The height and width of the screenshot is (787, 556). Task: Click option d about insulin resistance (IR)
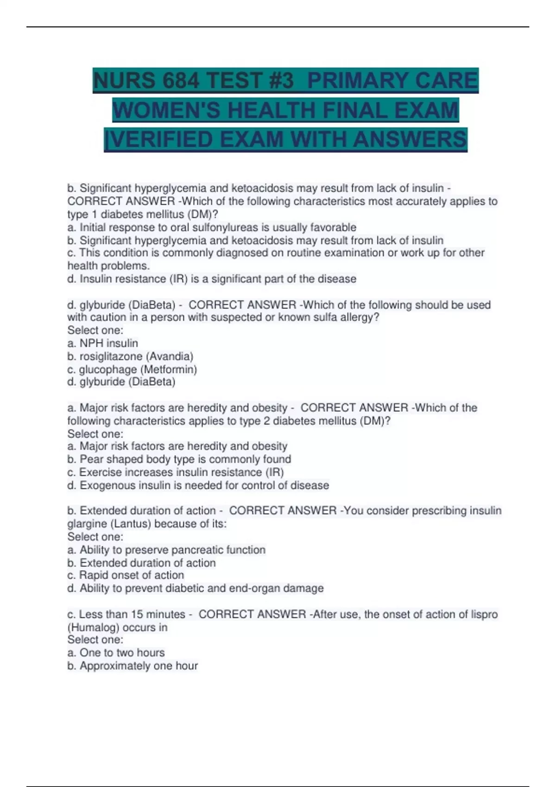coord(212,279)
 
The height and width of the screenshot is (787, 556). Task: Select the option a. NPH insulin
coord(102,343)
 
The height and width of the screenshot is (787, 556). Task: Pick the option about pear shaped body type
coord(179,459)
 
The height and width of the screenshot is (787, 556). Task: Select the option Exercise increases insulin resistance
coord(175,472)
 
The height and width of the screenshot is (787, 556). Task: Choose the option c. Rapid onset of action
coord(126,575)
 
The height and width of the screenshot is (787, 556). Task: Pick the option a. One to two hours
coord(116,653)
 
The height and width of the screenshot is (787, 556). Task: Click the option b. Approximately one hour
coord(133,666)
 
